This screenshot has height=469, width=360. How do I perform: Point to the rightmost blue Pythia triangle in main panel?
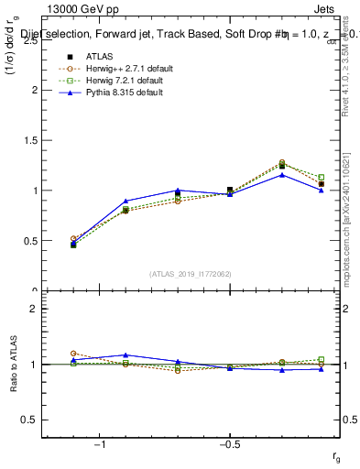tap(322, 190)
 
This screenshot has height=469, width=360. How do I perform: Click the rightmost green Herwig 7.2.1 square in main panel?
tap(322, 178)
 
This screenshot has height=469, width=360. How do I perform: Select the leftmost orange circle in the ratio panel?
tap(73, 353)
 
